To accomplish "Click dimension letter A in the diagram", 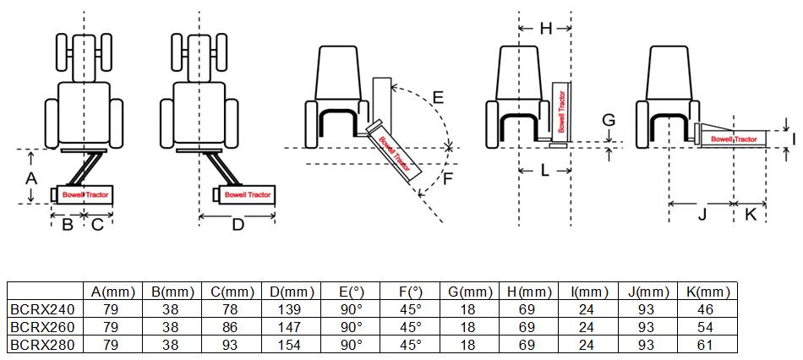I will (30, 178).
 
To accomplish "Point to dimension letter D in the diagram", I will (238, 224).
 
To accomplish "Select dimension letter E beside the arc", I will (438, 97).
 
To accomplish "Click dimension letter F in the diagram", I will (449, 178).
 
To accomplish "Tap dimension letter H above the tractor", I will (545, 29).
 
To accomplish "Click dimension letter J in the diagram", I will (701, 215).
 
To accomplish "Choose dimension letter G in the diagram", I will (608, 120).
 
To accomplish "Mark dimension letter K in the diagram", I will (750, 215).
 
